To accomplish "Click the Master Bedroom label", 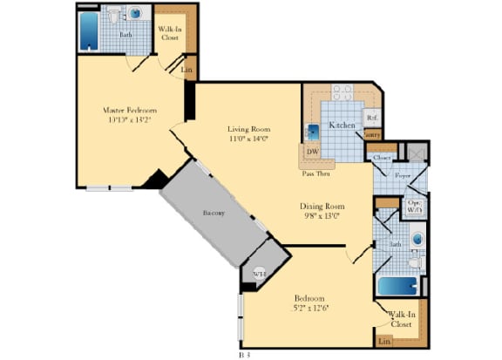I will click(129, 111).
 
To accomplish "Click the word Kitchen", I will click(341, 126).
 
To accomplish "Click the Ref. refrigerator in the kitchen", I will click(370, 117).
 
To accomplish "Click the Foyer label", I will click(402, 174).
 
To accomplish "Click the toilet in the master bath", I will click(114, 17).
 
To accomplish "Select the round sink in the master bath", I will click(135, 15).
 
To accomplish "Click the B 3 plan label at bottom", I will click(245, 355).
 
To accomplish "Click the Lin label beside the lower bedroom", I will click(384, 341).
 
